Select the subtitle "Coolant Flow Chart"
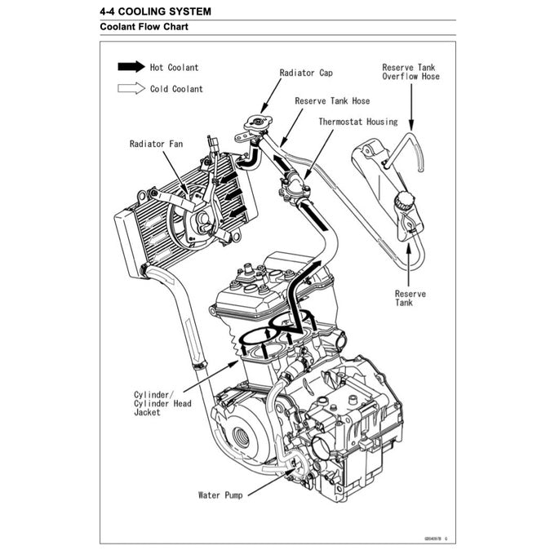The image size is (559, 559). (146, 27)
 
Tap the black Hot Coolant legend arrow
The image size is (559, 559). (131, 67)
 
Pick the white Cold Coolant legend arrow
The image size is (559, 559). (131, 89)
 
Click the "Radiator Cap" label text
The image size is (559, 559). (305, 73)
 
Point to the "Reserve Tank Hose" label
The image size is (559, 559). (332, 101)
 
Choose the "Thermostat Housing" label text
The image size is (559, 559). (358, 122)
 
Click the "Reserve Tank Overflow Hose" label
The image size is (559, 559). (410, 72)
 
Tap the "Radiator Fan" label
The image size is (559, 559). (156, 144)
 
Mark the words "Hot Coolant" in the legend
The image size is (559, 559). (174, 67)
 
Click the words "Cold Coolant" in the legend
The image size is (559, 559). (176, 89)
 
